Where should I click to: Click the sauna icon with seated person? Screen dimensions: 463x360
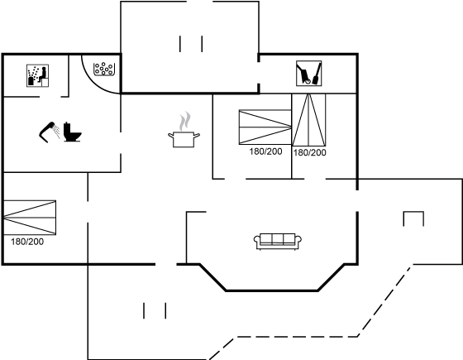tap(37, 75)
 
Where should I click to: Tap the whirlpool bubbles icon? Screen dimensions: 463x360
tap(104, 70)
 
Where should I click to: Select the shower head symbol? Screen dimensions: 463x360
tap(47, 132)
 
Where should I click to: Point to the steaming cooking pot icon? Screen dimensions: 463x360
tap(184, 139)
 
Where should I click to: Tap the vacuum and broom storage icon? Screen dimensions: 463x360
tap(309, 74)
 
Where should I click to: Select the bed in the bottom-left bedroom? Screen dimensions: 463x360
tap(30, 218)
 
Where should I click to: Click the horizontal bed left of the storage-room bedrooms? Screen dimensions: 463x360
tap(265, 127)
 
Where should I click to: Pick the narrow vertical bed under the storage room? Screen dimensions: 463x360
tap(309, 120)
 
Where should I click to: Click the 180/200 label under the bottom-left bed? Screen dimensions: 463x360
tap(27, 242)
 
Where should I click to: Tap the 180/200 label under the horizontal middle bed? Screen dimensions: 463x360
tap(265, 151)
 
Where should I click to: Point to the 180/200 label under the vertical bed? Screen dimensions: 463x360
tap(309, 152)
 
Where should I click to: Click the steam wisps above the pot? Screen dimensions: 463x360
tap(184, 121)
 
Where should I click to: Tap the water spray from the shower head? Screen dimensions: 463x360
tap(56, 131)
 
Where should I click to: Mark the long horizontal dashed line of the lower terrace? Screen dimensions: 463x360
tap(297, 336)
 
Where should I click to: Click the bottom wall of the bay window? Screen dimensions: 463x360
tap(272, 290)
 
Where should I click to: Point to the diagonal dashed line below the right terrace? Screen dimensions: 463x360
tap(384, 301)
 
